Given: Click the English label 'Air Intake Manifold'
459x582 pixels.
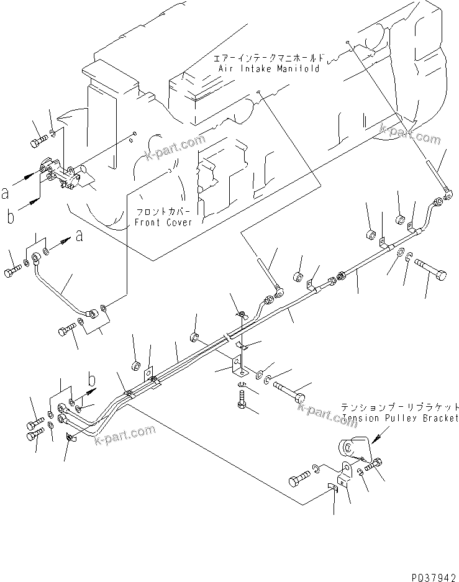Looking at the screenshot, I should point(268,68).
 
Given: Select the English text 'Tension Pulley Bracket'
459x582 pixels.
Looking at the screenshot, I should point(400,418).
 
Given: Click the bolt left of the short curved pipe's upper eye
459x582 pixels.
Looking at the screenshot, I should point(12,271).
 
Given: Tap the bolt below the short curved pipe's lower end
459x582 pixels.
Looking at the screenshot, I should point(66,331).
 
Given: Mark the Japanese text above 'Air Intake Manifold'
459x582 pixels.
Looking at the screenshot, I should point(268,58).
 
